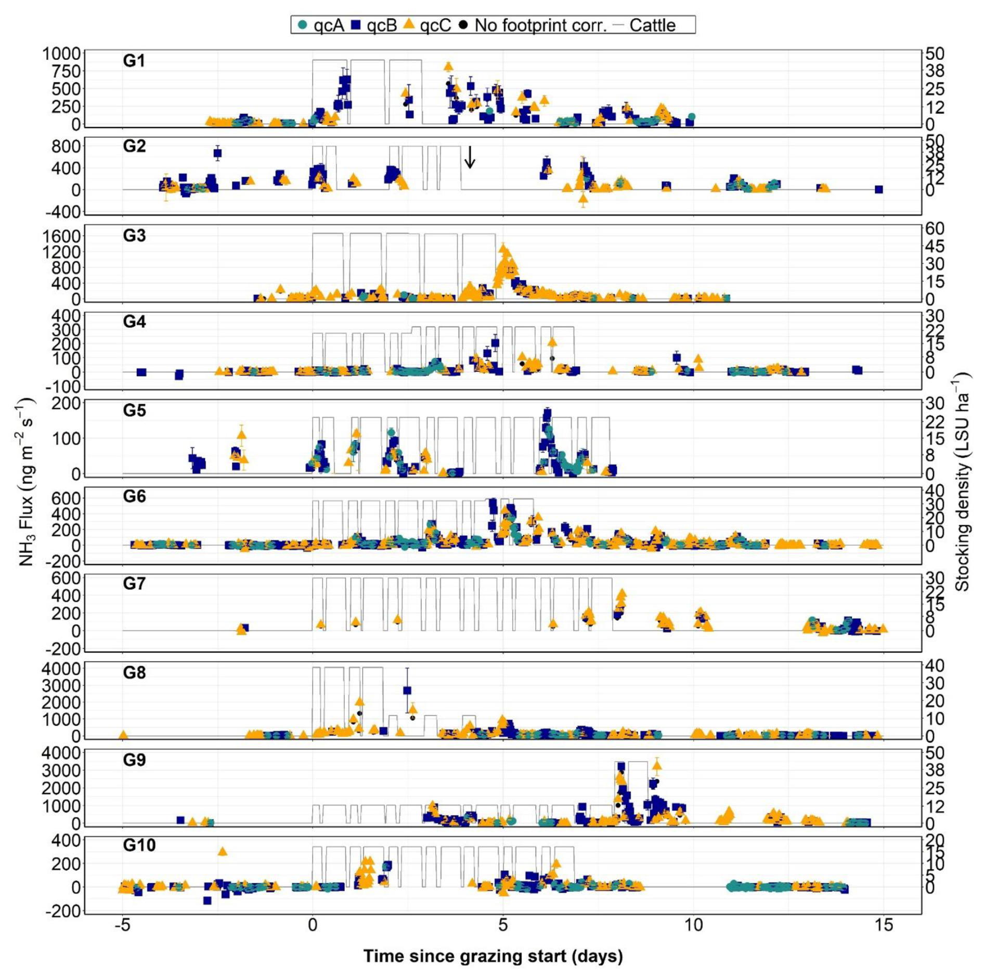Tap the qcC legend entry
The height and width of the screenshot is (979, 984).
pos(428,25)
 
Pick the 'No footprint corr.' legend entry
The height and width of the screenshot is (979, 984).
pos(533,25)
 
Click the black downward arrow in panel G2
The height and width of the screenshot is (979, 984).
pos(469,157)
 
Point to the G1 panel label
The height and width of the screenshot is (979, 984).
pos(134,61)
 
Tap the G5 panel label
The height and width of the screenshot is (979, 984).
pos(134,410)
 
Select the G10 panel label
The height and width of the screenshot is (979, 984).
pos(139,845)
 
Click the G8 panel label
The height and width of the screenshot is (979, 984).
pos(134,672)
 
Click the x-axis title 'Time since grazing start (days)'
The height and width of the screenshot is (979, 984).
pos(493,956)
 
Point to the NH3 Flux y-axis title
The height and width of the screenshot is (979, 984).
pos(26,481)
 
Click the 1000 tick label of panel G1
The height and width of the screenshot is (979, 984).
pos(61,54)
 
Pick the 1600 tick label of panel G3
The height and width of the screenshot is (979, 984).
pos(61,236)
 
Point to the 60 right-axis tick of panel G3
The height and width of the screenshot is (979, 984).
pos(935,229)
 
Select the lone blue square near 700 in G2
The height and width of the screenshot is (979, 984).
pos(217,153)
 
